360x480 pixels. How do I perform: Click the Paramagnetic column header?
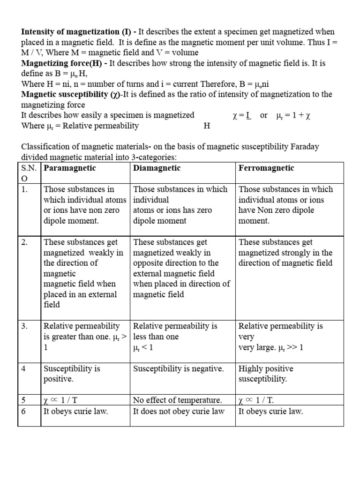[x=70, y=168]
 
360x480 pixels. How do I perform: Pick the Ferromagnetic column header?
[x=266, y=168]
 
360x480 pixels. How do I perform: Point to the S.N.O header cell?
[x=29, y=173]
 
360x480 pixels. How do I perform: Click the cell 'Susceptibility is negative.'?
[x=179, y=369]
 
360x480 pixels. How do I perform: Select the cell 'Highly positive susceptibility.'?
[x=266, y=374]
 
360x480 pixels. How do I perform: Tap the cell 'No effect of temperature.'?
[x=178, y=400]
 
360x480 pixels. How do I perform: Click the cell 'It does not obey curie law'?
[x=179, y=412]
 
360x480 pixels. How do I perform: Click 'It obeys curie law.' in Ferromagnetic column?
[x=271, y=412]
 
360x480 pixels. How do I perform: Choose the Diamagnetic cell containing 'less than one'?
[x=175, y=336]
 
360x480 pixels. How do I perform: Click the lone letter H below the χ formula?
[x=207, y=126]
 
